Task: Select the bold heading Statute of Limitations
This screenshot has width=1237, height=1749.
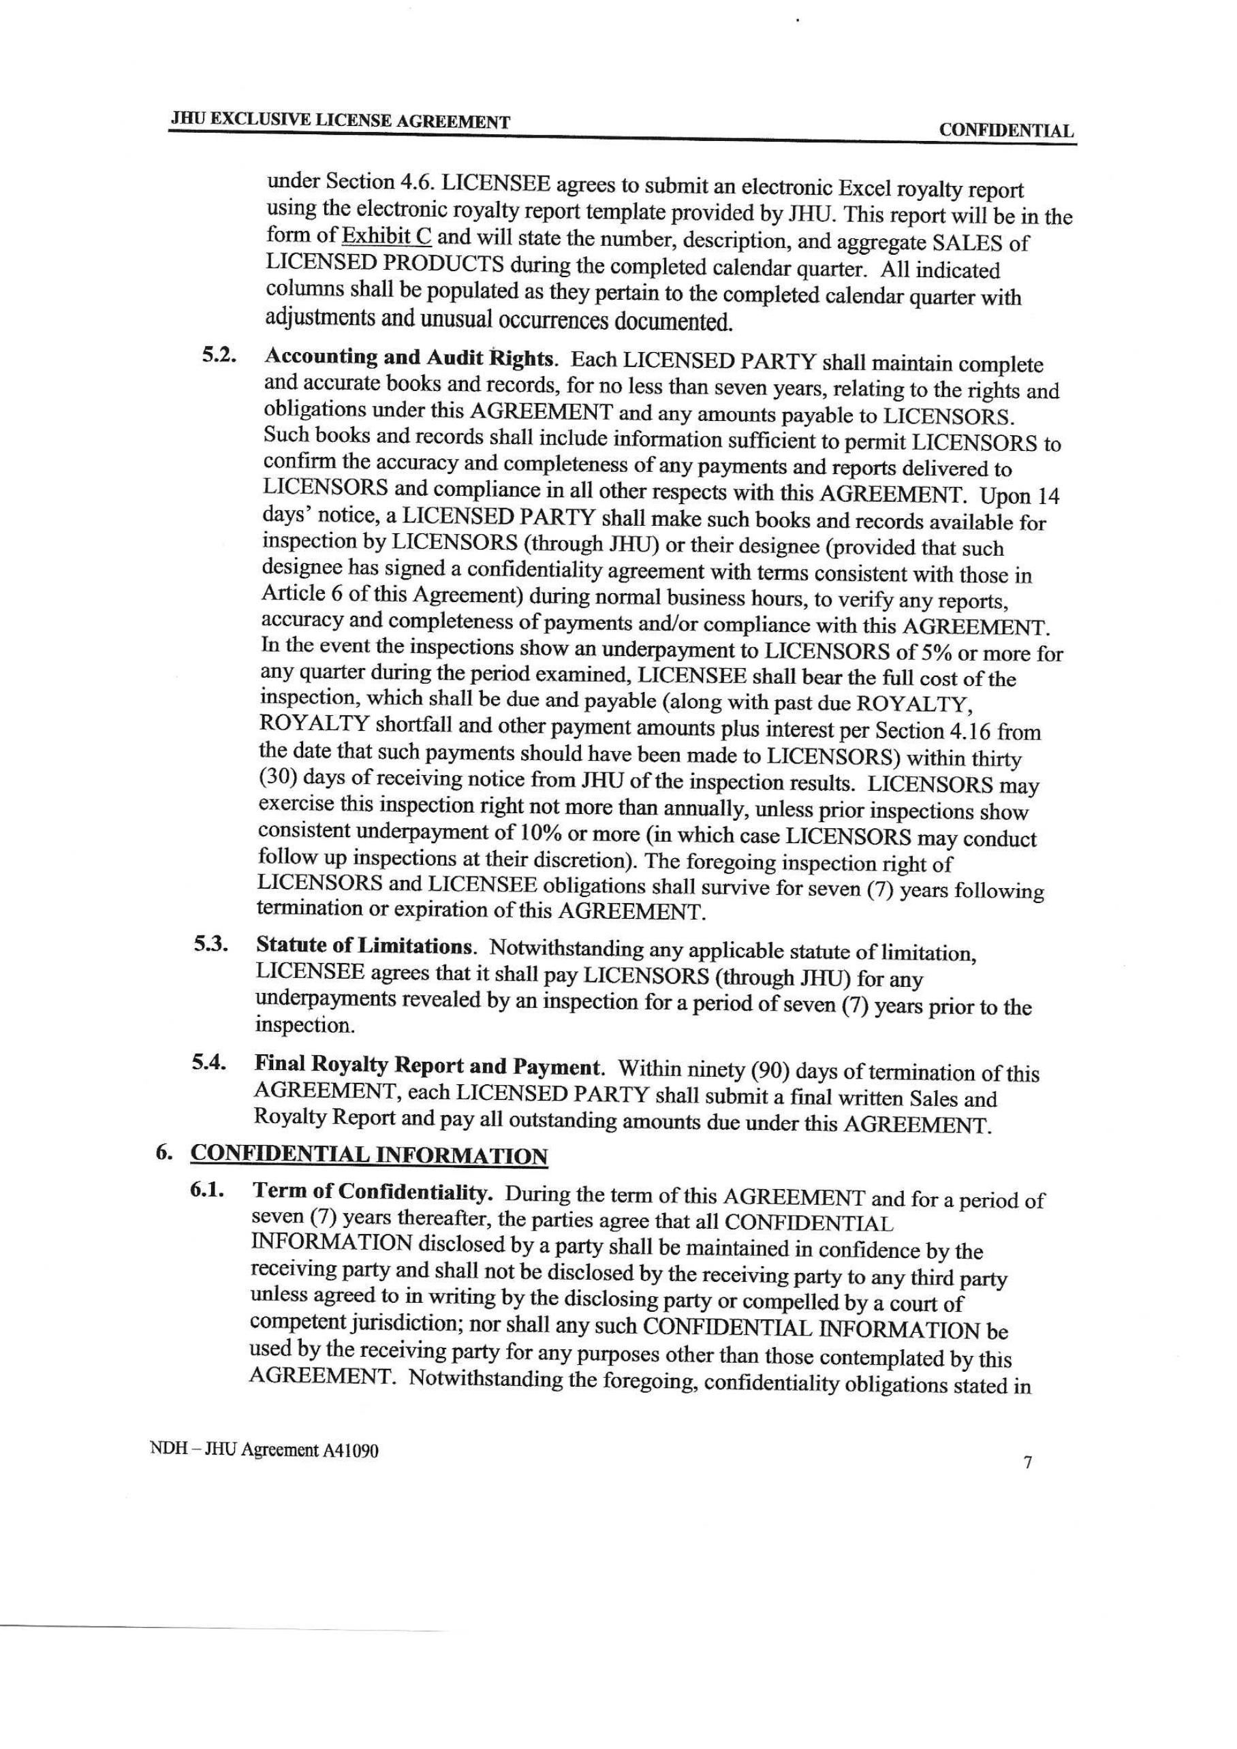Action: pos(366,947)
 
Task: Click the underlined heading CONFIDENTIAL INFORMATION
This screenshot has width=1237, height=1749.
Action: pos(369,1156)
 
